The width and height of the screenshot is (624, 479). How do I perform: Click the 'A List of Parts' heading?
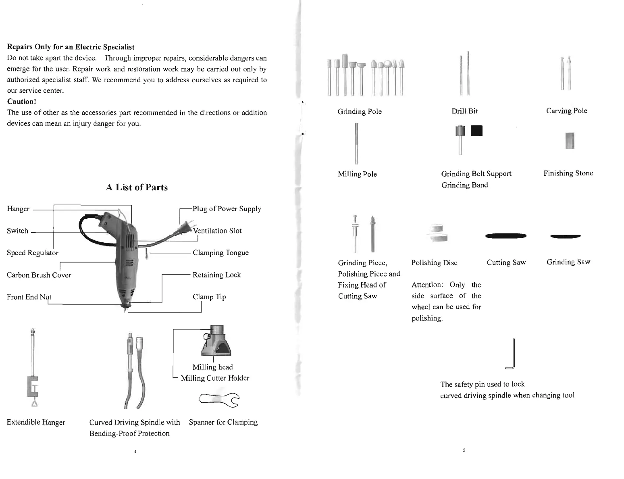(137, 187)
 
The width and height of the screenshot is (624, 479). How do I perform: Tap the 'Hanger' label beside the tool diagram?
(18, 209)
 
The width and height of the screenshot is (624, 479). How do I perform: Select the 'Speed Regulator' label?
(33, 253)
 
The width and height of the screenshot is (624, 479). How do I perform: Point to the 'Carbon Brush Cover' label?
(39, 275)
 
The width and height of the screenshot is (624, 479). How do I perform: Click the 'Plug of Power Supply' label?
(227, 209)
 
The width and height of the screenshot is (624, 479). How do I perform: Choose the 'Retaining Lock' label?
(216, 275)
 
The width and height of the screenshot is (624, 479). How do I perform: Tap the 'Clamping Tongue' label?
(220, 253)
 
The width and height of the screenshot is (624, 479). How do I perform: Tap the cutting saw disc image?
(506, 236)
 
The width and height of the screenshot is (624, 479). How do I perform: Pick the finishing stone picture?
(570, 141)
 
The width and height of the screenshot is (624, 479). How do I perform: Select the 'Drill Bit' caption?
(464, 111)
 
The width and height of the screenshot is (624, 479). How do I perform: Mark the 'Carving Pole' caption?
(566, 111)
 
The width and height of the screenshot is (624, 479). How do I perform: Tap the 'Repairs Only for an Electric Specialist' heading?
(71, 47)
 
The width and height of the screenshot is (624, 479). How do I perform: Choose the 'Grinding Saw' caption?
(568, 262)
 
